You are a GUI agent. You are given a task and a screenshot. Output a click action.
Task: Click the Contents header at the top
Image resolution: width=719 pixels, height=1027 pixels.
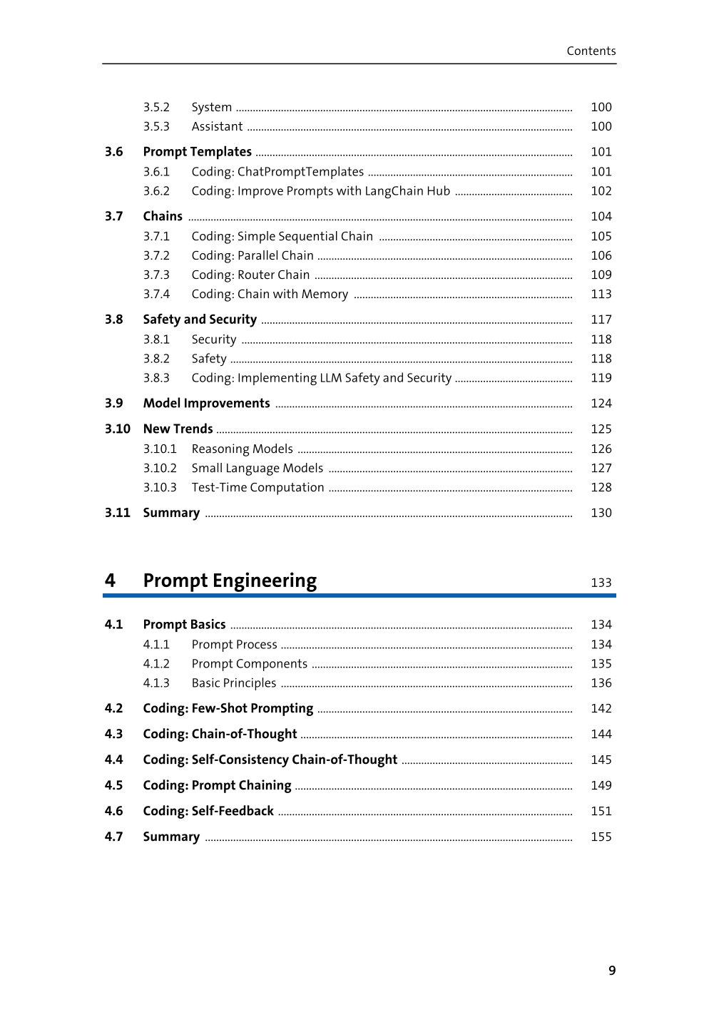point(591,51)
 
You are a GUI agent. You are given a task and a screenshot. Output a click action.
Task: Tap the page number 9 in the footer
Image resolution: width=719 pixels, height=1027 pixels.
point(612,970)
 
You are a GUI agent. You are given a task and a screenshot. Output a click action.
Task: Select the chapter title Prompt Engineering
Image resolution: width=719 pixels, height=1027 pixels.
point(230,581)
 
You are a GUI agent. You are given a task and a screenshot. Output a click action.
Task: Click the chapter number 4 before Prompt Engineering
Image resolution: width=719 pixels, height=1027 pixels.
point(110,581)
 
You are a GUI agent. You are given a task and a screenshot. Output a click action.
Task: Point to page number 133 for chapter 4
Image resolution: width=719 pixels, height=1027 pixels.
point(601,583)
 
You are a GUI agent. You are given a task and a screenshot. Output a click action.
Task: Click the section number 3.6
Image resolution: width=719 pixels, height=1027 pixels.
point(114,152)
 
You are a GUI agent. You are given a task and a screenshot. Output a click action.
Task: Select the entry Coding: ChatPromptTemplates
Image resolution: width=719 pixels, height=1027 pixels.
point(277,172)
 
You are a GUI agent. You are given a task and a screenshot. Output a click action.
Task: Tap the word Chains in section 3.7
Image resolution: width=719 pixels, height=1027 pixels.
point(163,216)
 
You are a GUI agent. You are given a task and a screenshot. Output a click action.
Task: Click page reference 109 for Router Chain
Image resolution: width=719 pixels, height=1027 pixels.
point(601,275)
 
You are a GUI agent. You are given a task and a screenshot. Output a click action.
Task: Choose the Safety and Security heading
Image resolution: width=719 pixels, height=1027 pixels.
point(200,320)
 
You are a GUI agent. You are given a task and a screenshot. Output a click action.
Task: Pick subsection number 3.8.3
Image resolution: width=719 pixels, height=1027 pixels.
point(156,378)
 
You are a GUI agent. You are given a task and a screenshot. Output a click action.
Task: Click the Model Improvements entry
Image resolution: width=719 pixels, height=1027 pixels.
point(206,404)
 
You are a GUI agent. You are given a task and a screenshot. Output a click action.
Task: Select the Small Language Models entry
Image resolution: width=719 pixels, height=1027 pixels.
point(257,468)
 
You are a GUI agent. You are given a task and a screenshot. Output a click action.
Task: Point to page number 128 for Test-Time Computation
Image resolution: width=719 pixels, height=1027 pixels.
point(601,487)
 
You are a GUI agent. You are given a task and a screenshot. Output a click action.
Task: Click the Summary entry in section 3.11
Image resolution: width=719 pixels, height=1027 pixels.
point(171,513)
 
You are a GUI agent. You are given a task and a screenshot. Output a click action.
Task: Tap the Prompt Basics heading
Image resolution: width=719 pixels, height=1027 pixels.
point(184,625)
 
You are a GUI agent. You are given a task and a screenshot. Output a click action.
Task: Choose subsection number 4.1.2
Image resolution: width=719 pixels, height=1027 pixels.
point(156,664)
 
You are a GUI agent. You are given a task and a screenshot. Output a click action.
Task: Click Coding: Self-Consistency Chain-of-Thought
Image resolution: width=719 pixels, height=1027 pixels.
point(270,760)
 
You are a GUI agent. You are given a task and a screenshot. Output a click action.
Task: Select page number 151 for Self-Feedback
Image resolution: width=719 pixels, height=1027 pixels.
point(601,811)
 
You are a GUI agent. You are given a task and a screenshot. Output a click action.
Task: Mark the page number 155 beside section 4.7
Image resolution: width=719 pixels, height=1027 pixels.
point(601,837)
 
